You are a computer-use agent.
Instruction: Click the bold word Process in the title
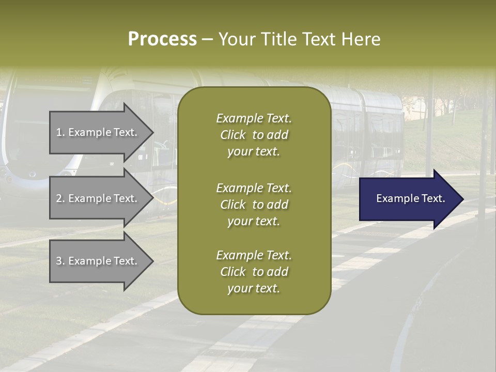tap(162, 39)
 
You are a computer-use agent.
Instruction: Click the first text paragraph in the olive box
tap(254, 135)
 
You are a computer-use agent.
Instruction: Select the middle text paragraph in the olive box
tap(254, 205)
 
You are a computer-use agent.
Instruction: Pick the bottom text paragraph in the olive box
tap(254, 272)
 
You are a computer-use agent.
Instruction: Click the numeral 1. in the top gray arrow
tap(60, 132)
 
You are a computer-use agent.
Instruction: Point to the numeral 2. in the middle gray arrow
tap(60, 198)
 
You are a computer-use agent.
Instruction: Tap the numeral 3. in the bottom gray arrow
tap(60, 261)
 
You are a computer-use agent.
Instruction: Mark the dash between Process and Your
tap(207, 39)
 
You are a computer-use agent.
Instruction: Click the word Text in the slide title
tap(319, 39)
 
